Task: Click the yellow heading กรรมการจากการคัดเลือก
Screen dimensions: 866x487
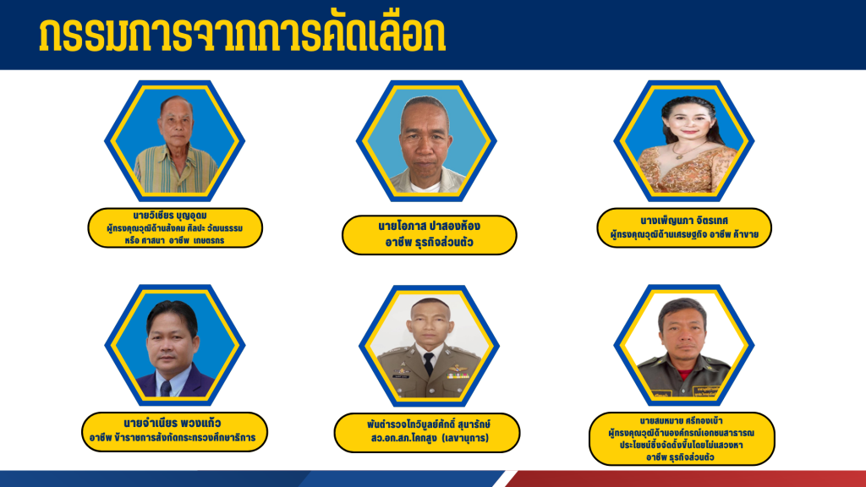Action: click(x=242, y=35)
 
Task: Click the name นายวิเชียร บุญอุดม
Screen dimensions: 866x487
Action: click(x=170, y=216)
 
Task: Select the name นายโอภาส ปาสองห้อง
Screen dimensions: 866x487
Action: click(x=429, y=226)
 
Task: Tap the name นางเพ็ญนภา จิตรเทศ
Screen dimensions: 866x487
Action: click(x=684, y=221)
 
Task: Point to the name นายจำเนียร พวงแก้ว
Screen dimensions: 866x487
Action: click(x=173, y=424)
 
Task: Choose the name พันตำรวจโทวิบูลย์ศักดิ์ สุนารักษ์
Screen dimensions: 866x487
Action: click(x=429, y=424)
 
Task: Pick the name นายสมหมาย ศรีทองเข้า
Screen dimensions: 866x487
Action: click(x=681, y=421)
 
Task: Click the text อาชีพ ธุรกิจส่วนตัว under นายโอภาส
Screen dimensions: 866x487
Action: click(x=429, y=243)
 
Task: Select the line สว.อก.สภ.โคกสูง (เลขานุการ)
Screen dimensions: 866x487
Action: click(x=430, y=439)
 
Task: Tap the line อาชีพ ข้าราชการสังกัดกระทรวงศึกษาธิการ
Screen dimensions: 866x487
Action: click(x=173, y=438)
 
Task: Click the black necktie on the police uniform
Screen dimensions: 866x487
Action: click(x=428, y=364)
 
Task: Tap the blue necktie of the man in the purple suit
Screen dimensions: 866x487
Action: click(x=165, y=387)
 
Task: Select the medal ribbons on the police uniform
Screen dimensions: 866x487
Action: click(x=458, y=375)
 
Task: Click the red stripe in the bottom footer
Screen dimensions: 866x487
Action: click(x=686, y=479)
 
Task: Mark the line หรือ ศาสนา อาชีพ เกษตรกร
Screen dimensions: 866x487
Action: click(x=174, y=241)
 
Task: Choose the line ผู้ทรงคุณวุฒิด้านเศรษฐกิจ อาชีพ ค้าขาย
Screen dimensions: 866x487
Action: click(x=684, y=235)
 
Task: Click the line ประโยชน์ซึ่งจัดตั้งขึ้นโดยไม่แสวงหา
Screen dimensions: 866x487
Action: click(x=682, y=445)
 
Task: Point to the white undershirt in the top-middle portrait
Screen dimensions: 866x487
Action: click(x=425, y=186)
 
